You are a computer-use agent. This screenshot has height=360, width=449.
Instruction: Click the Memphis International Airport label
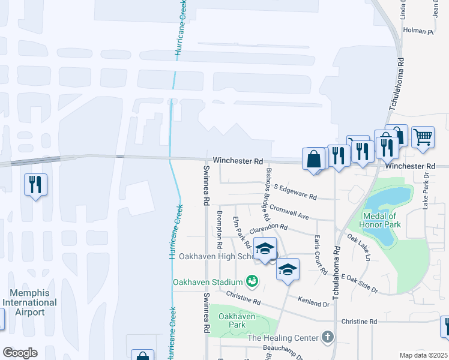(29, 302)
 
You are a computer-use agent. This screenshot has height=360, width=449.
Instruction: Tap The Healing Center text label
(283, 338)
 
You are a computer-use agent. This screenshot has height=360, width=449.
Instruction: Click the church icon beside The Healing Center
(328, 337)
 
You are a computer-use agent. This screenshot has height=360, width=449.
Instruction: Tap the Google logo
(20, 353)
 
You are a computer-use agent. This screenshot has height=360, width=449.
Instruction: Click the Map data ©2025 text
(424, 355)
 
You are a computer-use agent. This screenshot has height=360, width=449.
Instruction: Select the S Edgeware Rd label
(295, 192)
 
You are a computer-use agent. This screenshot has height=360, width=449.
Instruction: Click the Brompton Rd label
(220, 231)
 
